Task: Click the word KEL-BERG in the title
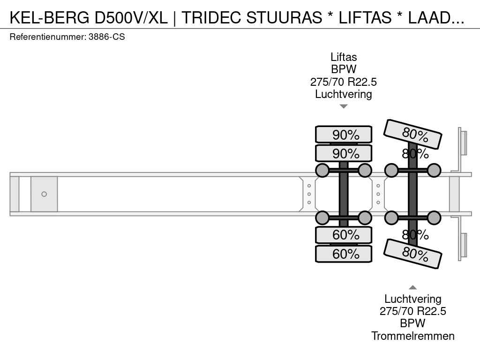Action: click(50, 17)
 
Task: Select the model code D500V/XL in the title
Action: click(131, 17)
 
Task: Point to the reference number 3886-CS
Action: click(106, 37)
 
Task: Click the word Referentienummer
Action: click(48, 37)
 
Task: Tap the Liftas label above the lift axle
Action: click(344, 57)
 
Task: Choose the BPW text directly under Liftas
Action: click(344, 69)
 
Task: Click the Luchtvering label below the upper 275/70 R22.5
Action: click(344, 94)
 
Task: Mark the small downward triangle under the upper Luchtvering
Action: click(344, 106)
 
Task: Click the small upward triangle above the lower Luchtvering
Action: click(412, 287)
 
